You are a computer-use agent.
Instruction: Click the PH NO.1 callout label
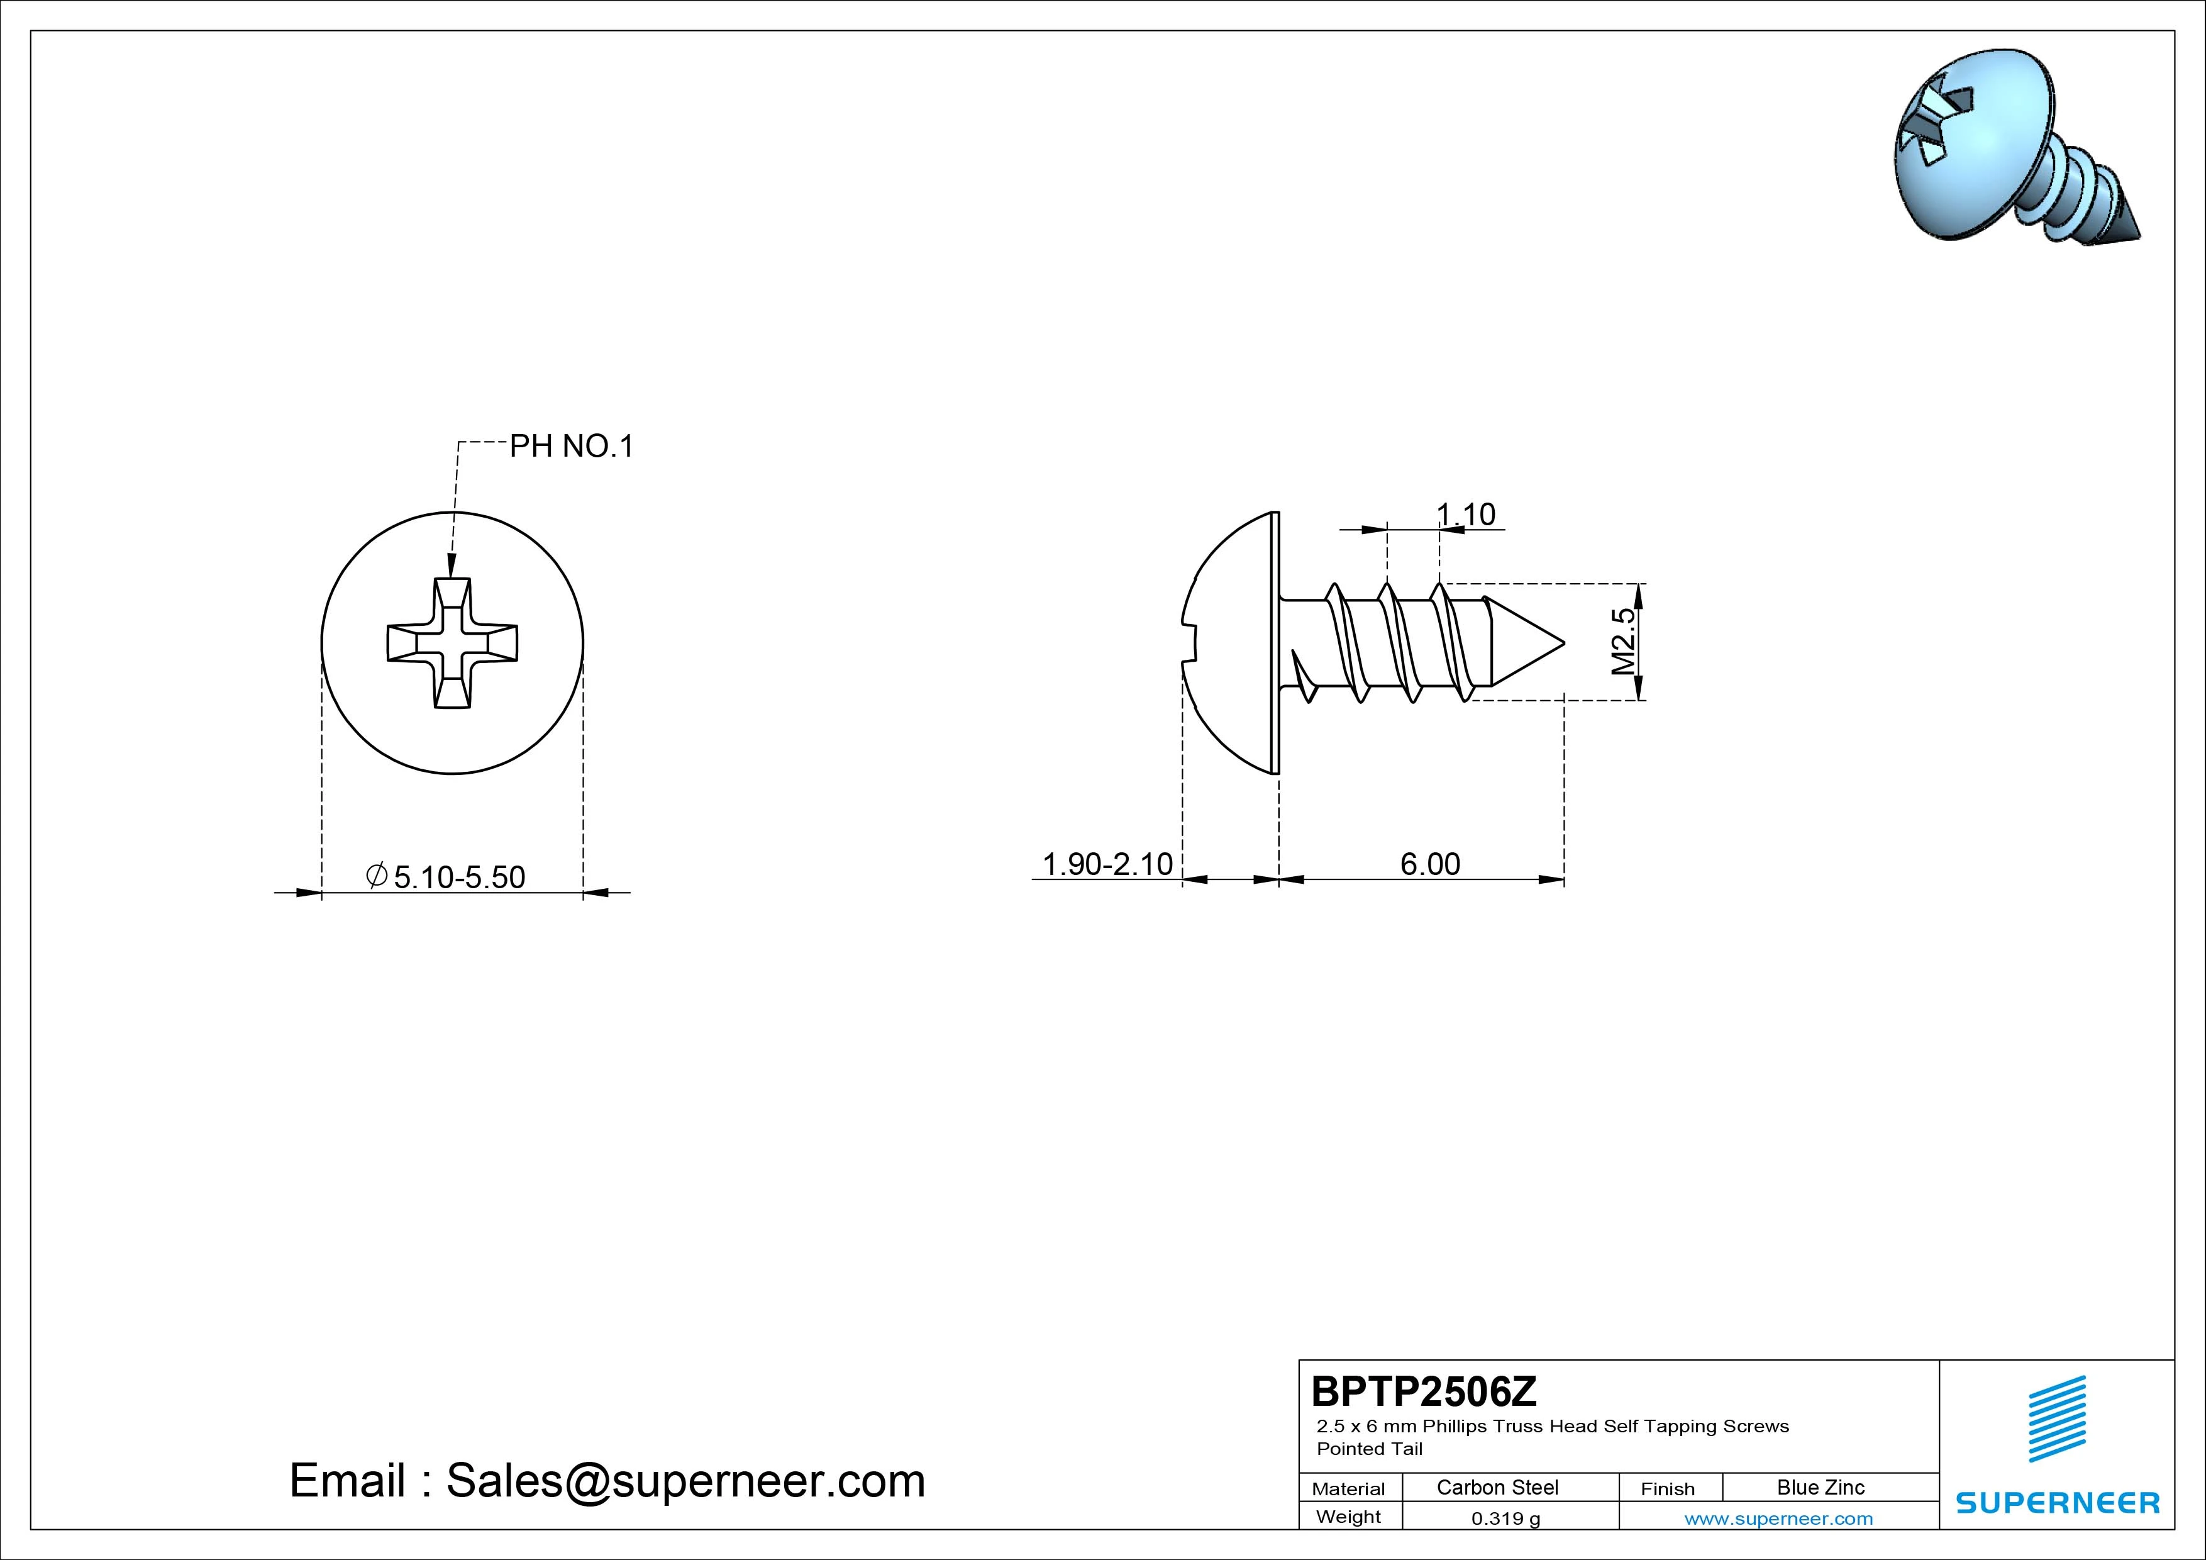pyautogui.click(x=572, y=446)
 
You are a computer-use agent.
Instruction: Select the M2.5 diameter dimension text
pyautogui.click(x=1624, y=641)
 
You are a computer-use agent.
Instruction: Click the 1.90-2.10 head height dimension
pyautogui.click(x=1108, y=864)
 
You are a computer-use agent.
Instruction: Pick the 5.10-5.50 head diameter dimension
pyautogui.click(x=446, y=877)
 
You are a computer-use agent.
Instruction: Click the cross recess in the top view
pyautogui.click(x=453, y=643)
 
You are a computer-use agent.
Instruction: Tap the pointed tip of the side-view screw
pyautogui.click(x=1564, y=642)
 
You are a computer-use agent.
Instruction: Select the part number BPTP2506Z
pyautogui.click(x=1424, y=1391)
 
